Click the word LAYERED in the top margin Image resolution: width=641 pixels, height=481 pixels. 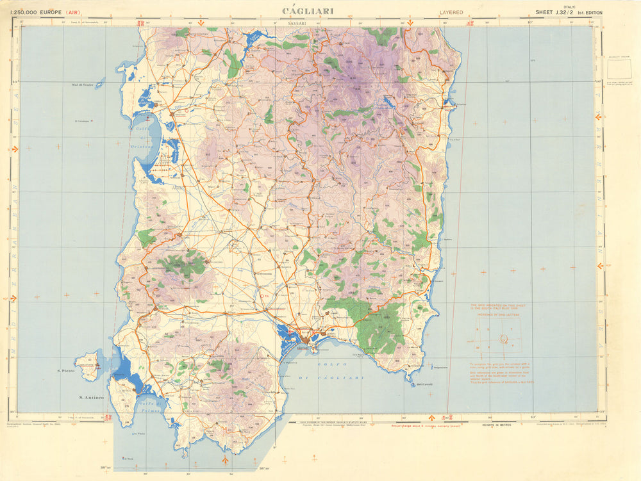tap(451, 12)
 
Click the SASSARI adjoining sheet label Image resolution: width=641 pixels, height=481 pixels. tap(297, 23)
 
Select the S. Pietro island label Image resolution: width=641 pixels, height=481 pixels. tap(66, 371)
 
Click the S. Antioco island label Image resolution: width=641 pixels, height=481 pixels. tap(91, 397)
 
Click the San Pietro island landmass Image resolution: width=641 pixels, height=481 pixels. tap(88, 366)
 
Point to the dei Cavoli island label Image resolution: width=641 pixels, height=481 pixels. tap(425, 384)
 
